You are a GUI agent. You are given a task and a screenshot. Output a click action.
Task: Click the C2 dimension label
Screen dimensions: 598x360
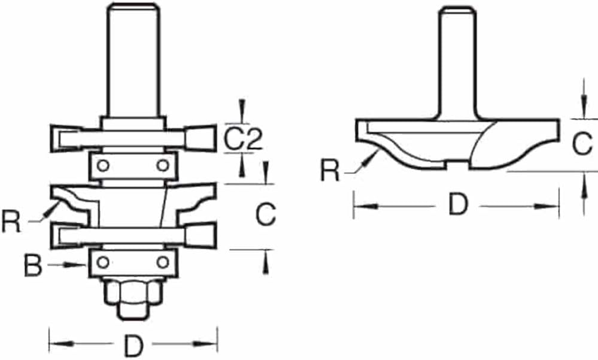243,138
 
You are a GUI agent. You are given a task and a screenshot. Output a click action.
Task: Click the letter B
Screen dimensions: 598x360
33,266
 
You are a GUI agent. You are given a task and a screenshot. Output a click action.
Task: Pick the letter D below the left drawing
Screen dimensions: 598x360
133,346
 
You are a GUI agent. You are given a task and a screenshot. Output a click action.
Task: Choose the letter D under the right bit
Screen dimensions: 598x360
458,204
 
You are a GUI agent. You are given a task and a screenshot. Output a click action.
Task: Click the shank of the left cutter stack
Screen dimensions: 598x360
133,60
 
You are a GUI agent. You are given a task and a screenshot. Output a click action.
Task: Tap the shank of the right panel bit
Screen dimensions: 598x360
458,63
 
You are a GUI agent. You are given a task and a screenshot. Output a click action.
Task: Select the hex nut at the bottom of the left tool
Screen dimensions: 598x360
133,292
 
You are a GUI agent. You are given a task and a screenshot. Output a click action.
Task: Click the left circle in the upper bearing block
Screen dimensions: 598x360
103,166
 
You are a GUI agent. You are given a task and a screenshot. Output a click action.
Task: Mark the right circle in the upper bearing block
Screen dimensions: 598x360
163,166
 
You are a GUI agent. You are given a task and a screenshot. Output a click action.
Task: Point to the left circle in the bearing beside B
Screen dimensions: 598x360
103,262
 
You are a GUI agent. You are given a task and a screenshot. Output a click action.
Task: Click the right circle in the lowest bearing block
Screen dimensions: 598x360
163,262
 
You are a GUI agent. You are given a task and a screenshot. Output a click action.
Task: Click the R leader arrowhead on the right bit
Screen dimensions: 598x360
371,158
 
